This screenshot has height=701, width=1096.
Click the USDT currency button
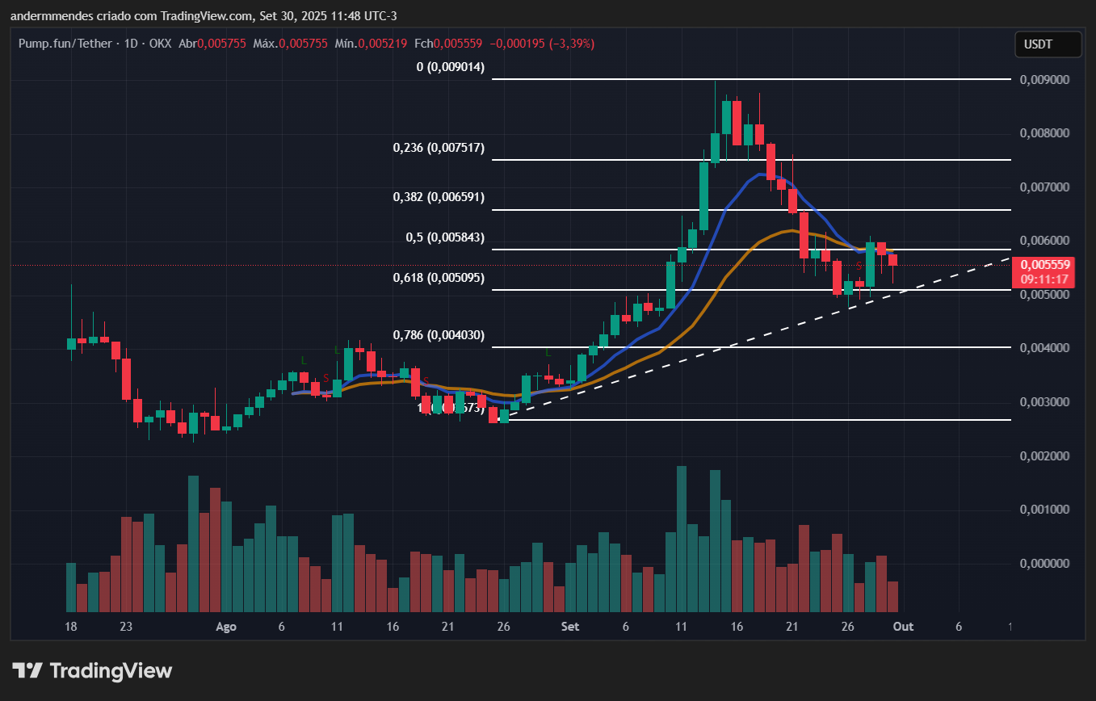[x=1048, y=45]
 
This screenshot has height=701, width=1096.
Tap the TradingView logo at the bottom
[x=92, y=670]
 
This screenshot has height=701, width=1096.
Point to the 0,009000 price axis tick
[x=1045, y=80]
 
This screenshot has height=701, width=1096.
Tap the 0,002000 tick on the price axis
[x=1045, y=456]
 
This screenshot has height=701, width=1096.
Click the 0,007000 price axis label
[x=1045, y=187]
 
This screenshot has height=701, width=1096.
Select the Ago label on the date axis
[x=226, y=627]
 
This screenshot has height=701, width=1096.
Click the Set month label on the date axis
[x=570, y=627]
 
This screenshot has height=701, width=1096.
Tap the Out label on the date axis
[x=903, y=627]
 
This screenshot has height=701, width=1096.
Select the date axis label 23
[x=125, y=627]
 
